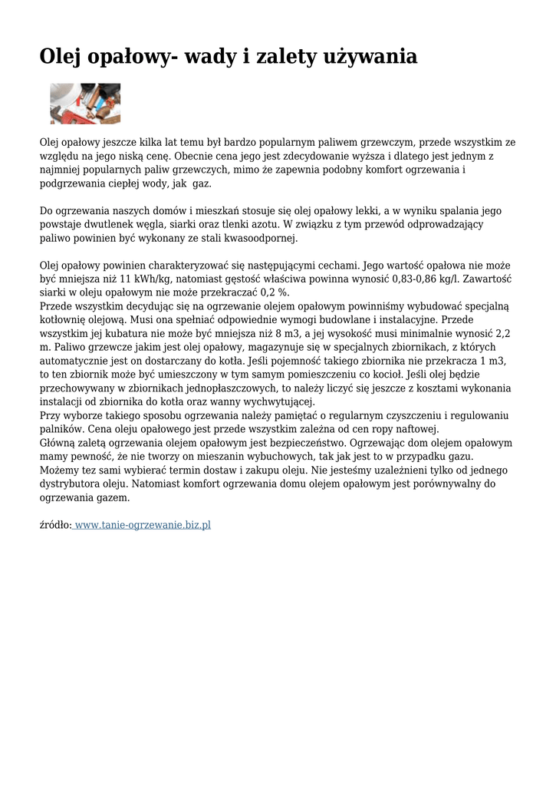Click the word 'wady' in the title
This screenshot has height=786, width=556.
[x=206, y=57]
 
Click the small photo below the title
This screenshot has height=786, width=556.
[x=85, y=104]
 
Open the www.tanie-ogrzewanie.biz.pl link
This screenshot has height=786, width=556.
[x=143, y=525]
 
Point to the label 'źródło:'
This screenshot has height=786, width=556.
[x=55, y=525]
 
